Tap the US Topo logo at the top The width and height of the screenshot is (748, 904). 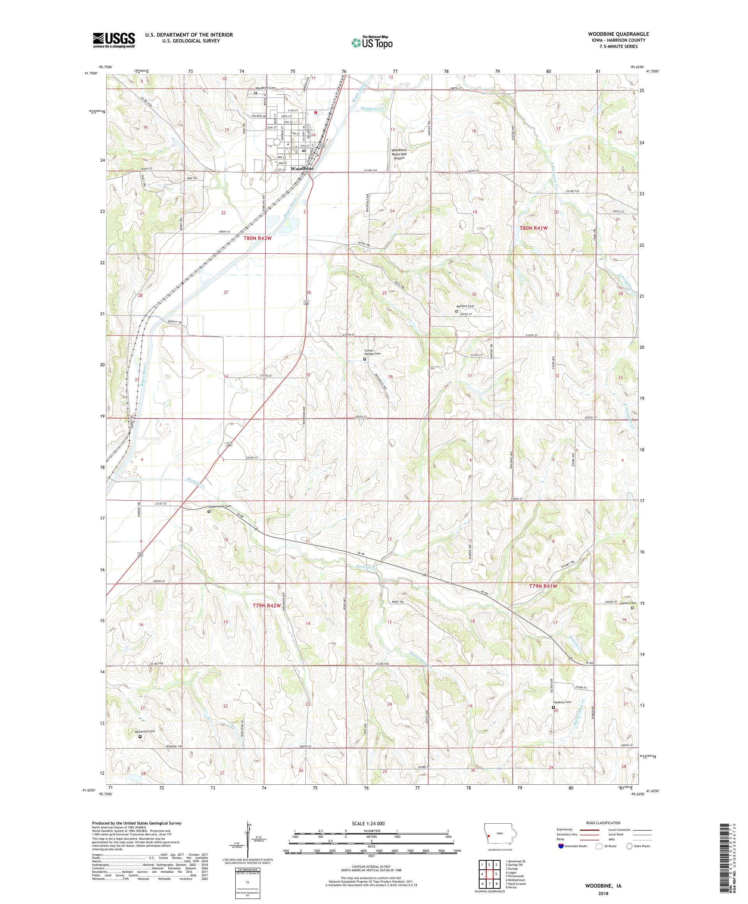click(x=372, y=42)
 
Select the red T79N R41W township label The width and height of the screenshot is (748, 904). click(x=543, y=586)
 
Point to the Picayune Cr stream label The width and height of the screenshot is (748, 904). click(x=374, y=109)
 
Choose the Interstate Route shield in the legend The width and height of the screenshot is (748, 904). click(x=560, y=846)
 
